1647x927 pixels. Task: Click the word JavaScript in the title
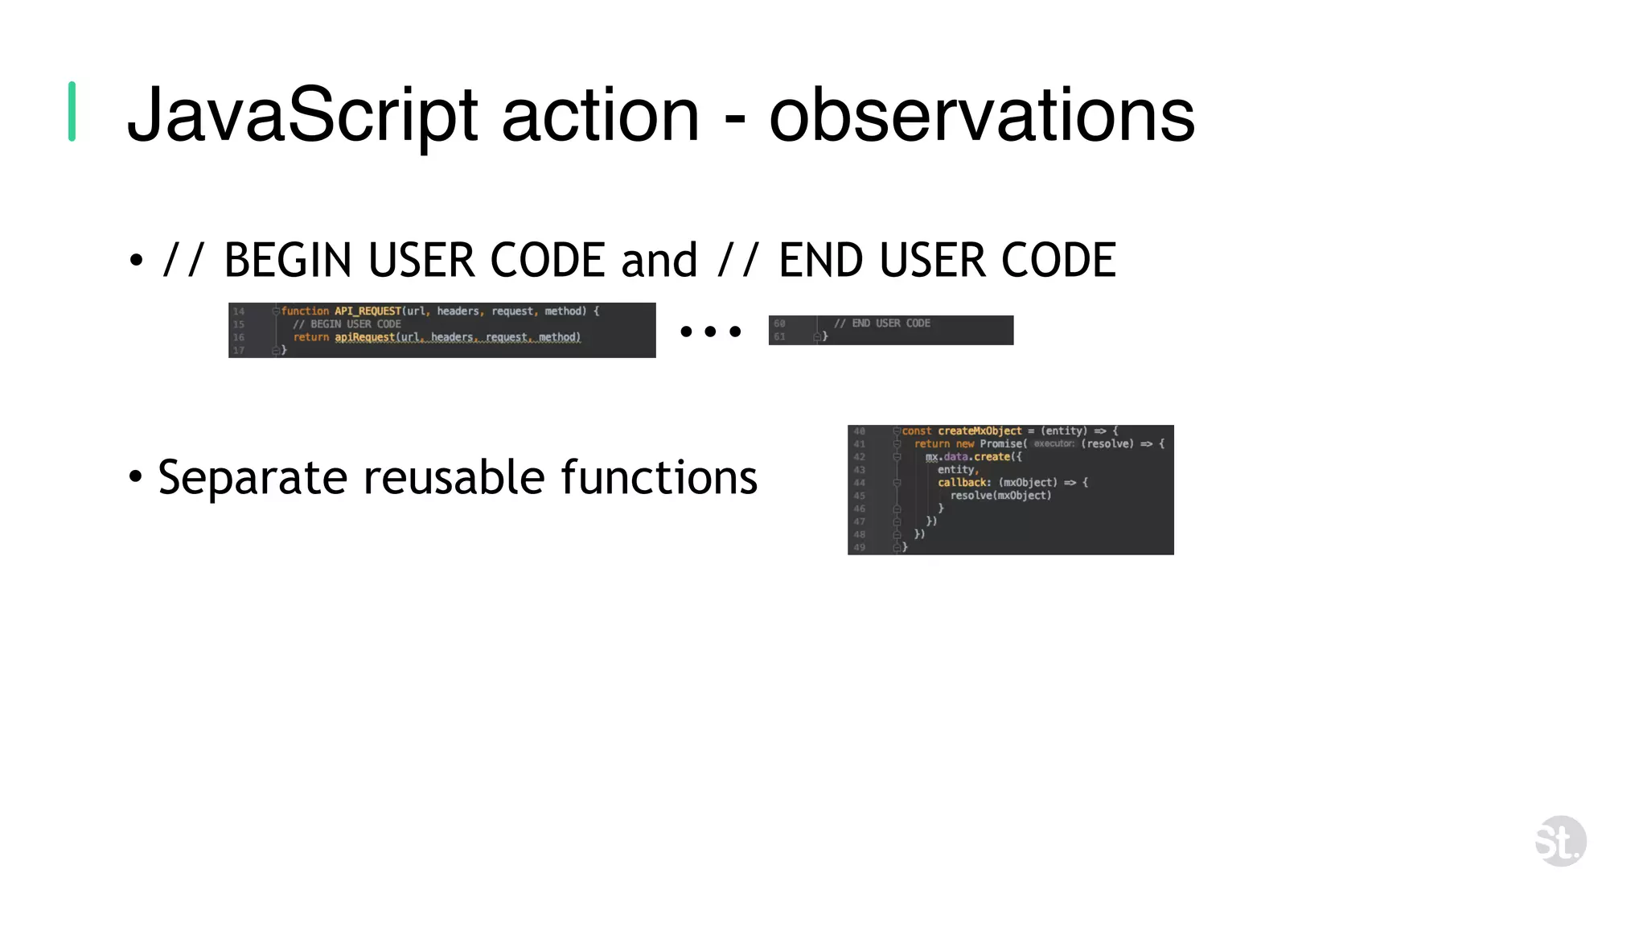tap(302, 117)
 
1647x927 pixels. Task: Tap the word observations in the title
tap(981, 117)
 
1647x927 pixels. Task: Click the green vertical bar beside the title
tap(72, 112)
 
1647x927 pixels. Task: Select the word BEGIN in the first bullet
tap(287, 261)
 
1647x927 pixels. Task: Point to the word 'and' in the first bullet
tap(659, 261)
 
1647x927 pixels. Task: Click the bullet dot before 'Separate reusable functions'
tap(136, 477)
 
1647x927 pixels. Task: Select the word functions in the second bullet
tap(659, 477)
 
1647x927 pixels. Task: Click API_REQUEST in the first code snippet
tap(368, 311)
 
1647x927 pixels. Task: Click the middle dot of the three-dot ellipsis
tap(710, 332)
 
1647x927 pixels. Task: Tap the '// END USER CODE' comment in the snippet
tap(881, 323)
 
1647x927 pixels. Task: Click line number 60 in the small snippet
tap(779, 323)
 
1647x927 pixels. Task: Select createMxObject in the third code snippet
tap(979, 431)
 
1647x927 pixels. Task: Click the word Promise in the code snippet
tap(1000, 444)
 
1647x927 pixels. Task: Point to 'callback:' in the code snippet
tap(963, 483)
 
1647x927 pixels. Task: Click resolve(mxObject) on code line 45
tap(1000, 496)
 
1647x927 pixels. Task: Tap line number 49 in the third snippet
tap(859, 547)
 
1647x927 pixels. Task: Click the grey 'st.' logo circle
tap(1560, 842)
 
